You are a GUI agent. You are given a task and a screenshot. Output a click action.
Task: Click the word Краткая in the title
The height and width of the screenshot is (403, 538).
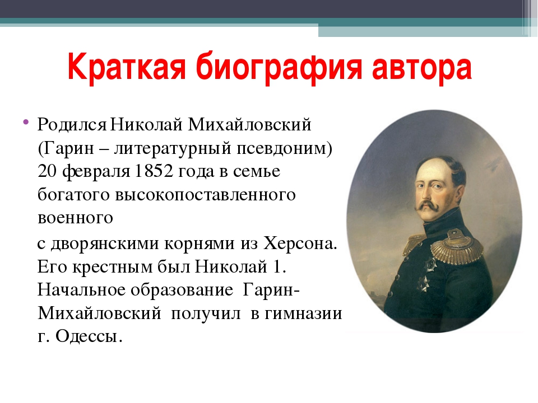click(x=127, y=66)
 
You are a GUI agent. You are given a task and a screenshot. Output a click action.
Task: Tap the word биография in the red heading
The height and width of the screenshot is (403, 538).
click(x=279, y=67)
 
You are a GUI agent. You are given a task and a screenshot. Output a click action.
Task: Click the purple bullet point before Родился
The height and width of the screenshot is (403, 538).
click(x=26, y=121)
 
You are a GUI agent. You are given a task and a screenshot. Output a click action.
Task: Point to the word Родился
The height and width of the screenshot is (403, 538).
click(x=72, y=125)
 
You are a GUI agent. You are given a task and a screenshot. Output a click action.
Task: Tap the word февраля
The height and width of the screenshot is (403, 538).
click(x=96, y=171)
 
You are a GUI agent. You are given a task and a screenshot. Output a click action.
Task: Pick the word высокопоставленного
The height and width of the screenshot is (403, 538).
click(x=206, y=195)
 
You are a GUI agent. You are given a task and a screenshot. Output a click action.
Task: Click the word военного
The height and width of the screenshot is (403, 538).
click(x=75, y=218)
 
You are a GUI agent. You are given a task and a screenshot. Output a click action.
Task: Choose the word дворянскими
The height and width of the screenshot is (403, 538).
click(x=105, y=243)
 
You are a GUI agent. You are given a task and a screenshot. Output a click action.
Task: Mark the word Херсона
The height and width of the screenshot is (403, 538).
click(x=300, y=243)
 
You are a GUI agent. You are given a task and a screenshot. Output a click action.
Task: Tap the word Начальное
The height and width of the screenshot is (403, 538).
click(x=82, y=290)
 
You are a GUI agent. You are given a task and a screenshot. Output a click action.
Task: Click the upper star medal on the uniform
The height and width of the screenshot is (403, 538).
click(x=430, y=263)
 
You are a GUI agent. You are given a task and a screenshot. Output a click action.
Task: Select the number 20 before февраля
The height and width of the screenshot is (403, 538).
click(x=47, y=171)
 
